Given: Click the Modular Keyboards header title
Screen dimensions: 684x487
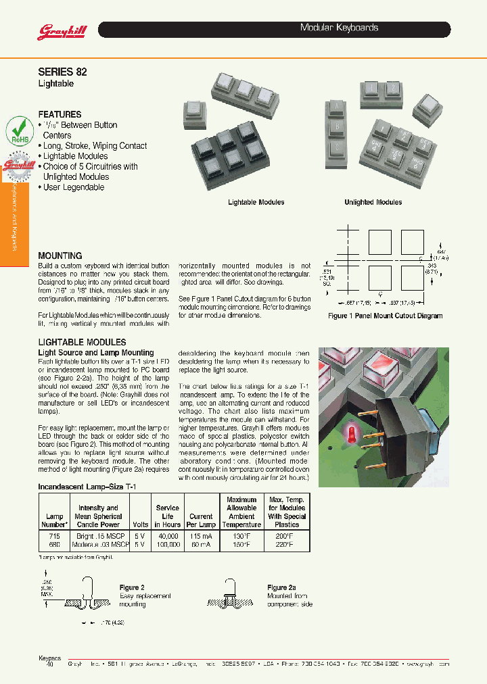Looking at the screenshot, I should coord(338,28).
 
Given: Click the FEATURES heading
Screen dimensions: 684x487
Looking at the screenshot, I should coord(60,114).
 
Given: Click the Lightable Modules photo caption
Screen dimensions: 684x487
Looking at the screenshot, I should coord(256,202).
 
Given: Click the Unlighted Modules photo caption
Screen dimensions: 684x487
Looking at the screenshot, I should coord(373,202).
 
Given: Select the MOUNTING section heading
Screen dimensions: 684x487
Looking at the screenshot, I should coord(60,255).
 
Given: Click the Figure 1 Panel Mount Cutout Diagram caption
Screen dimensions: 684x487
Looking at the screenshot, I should coord(385,316).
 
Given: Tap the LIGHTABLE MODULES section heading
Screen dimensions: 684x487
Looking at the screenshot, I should coord(82,342).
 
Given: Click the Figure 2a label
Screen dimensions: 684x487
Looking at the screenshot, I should coord(281,588).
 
